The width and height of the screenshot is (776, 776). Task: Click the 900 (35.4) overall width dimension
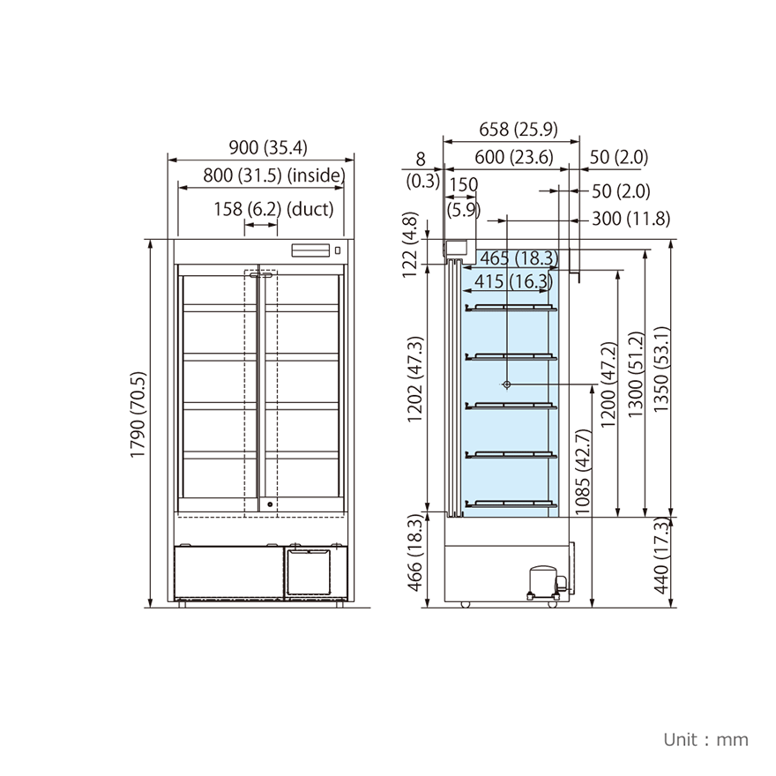coord(262,147)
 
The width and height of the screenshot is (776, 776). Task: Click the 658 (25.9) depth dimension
coord(519,129)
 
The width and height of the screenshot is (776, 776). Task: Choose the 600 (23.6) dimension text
coord(513,158)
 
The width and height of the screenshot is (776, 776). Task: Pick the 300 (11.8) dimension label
coord(630,219)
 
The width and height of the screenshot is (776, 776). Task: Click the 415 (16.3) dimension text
coord(512,281)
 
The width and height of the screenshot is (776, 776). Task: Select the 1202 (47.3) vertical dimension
coord(415,379)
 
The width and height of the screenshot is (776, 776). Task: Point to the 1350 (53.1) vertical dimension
coord(665,370)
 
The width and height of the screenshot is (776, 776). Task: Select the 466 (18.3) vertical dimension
coord(415,555)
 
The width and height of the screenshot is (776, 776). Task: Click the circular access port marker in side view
coord(507,384)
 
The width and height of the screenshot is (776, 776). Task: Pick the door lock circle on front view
coord(270,505)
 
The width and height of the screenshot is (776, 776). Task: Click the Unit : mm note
coord(705,739)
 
